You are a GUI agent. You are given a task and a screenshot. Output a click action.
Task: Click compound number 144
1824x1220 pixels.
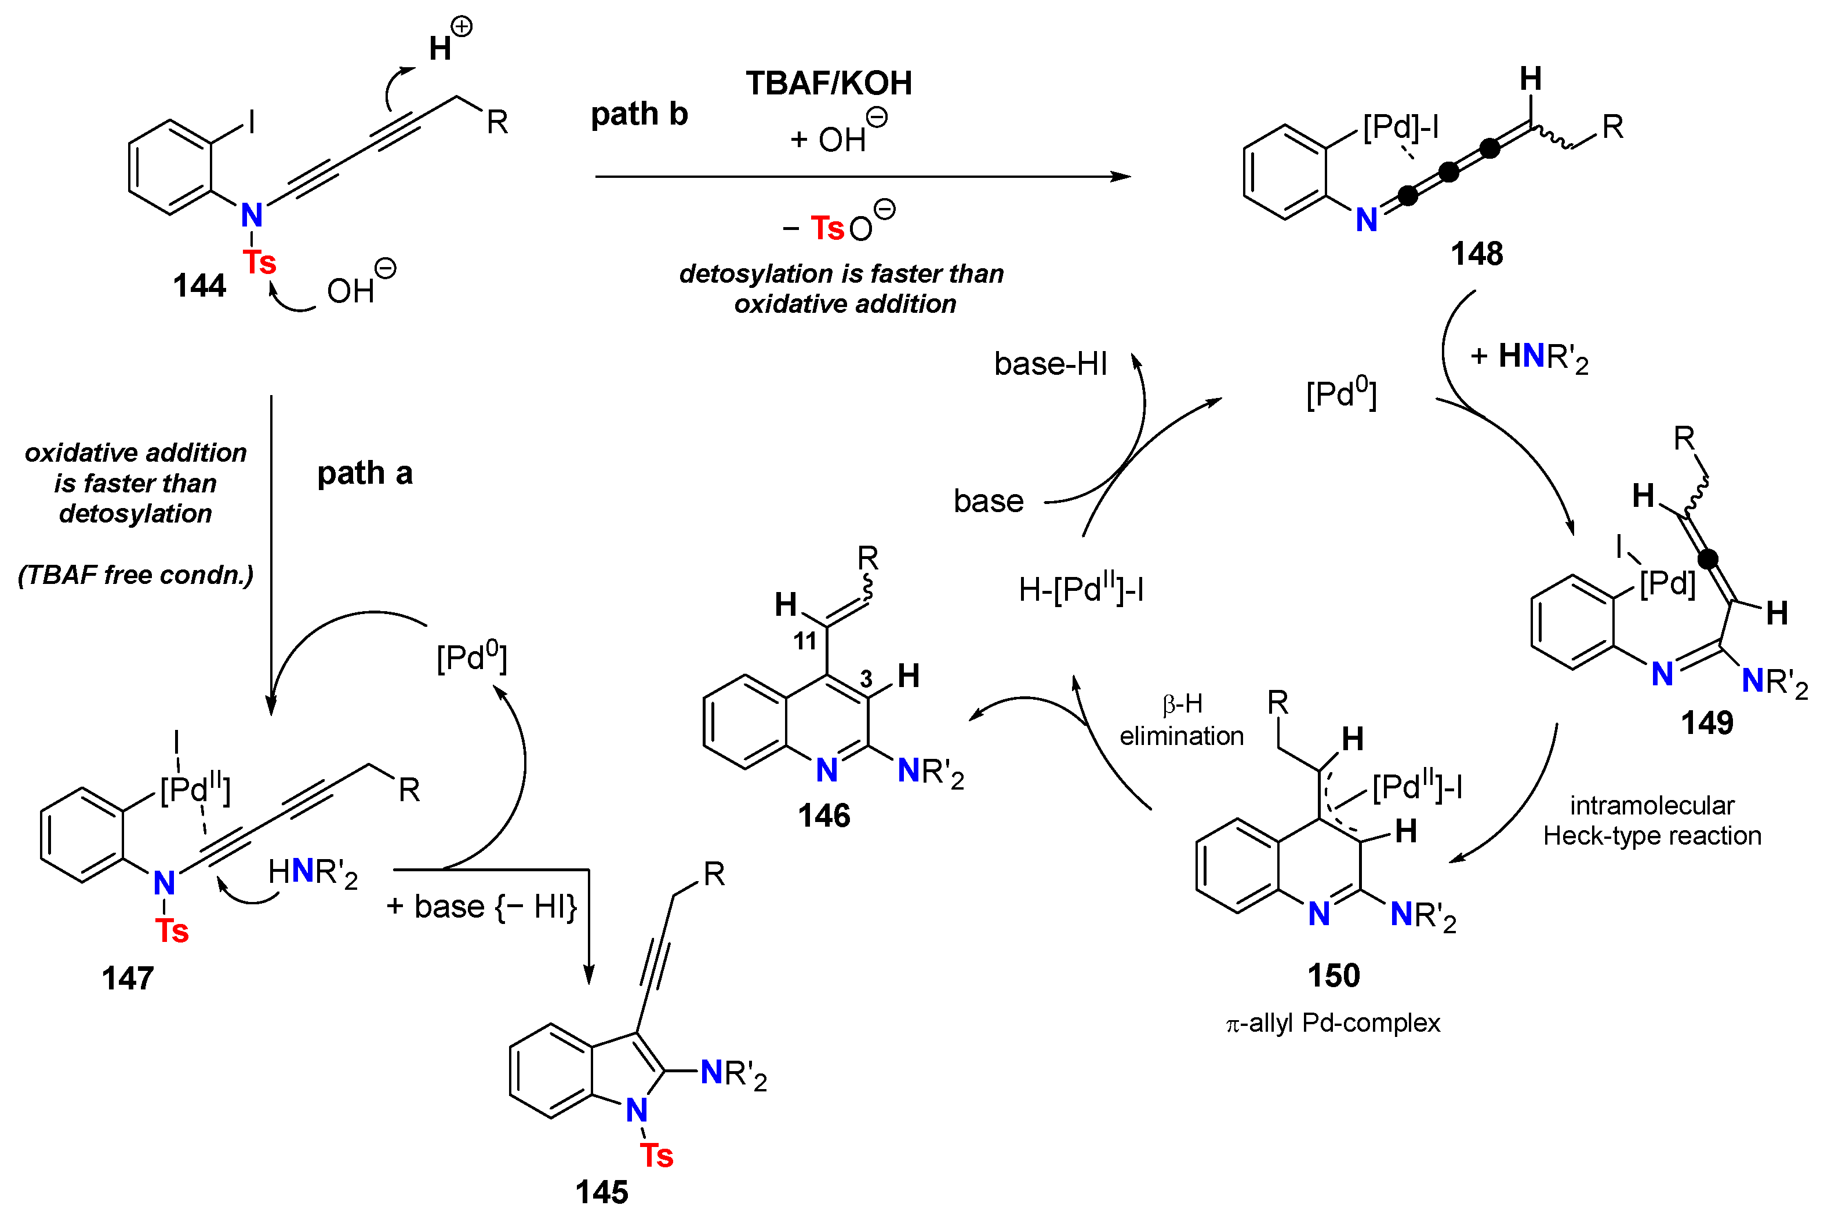click(199, 286)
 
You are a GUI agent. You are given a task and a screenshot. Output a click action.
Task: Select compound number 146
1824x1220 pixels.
click(824, 816)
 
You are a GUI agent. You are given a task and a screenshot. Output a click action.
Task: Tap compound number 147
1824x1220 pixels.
click(128, 978)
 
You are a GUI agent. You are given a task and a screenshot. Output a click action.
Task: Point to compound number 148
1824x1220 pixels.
click(1477, 254)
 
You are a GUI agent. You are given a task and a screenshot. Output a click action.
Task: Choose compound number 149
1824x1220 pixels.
click(1706, 723)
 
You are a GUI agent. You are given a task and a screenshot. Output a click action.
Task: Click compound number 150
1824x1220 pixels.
click(1334, 976)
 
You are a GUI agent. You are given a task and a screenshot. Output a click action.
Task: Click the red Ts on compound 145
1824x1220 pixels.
click(656, 1156)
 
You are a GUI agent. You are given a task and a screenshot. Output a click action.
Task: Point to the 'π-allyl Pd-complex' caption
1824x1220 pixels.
click(1333, 1022)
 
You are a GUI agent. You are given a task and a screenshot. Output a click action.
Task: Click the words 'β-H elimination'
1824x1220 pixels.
click(1181, 721)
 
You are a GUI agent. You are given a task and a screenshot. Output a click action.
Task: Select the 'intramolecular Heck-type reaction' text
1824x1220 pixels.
click(1652, 821)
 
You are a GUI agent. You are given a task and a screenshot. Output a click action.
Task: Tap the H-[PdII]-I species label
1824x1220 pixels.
click(1081, 589)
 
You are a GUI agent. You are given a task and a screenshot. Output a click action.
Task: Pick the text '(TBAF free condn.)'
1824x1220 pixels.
click(136, 575)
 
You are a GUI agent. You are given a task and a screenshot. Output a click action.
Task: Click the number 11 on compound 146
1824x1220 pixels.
click(805, 641)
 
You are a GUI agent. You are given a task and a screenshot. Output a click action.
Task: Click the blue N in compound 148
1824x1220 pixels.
click(1366, 220)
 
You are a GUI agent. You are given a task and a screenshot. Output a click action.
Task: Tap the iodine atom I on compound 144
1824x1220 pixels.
click(252, 122)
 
